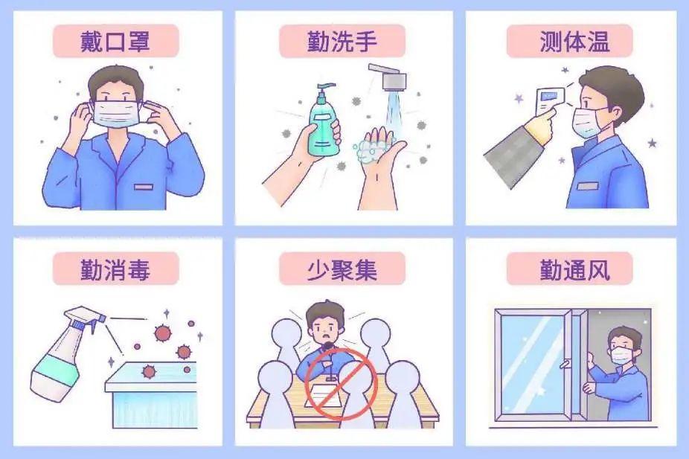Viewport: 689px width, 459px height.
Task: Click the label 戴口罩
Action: (x=115, y=42)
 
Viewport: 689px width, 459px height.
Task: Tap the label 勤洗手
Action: (x=342, y=42)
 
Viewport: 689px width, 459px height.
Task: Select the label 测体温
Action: (x=574, y=42)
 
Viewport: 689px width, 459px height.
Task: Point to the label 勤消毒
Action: (x=115, y=269)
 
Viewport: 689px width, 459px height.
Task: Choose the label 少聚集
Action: (x=342, y=269)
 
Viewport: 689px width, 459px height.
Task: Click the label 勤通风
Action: (x=574, y=269)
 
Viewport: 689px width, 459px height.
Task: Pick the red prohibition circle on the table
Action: (x=341, y=382)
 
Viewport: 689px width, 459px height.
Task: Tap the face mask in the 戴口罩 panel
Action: (x=115, y=113)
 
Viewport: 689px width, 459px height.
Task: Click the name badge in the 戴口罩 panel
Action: (x=144, y=187)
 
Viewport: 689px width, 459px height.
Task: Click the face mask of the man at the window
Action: (x=621, y=354)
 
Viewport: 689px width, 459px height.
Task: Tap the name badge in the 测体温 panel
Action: (x=588, y=186)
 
